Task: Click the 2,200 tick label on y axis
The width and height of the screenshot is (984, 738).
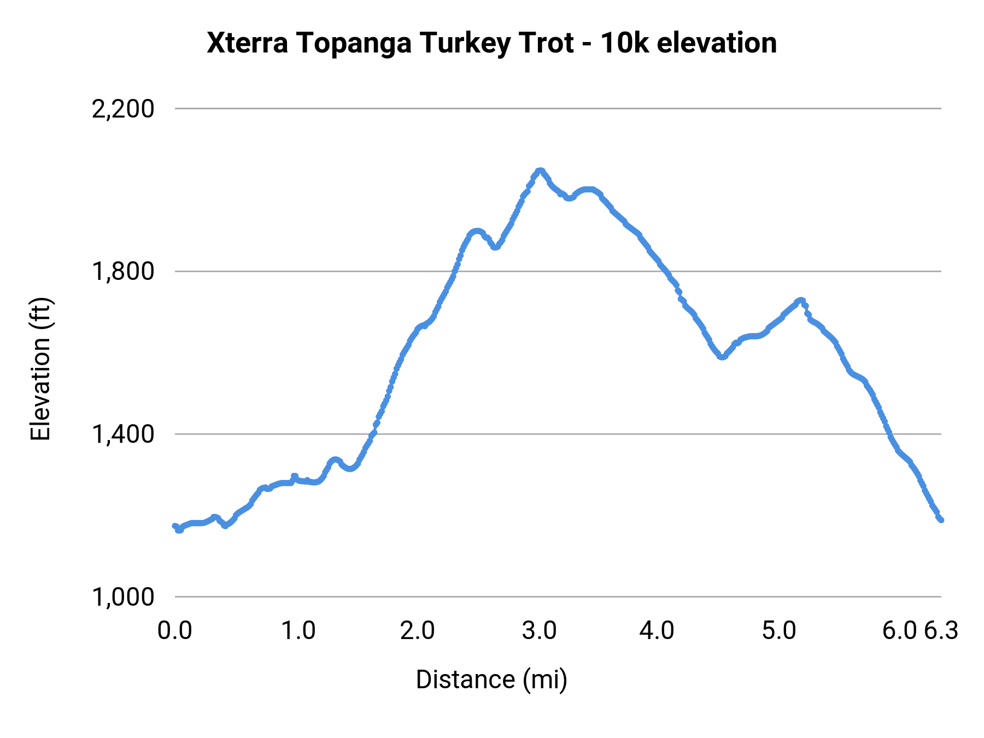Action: pos(123,109)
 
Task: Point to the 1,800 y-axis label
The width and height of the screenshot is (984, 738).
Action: pos(123,272)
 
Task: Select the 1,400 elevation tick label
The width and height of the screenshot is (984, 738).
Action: pos(123,435)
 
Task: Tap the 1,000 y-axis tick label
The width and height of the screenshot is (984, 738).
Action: pos(123,597)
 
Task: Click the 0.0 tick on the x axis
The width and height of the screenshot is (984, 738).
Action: pos(175,631)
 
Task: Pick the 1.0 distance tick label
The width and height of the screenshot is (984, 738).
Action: pos(298,631)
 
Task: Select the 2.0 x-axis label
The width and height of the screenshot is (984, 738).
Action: pos(418,631)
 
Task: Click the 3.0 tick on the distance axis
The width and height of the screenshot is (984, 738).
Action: pos(539,631)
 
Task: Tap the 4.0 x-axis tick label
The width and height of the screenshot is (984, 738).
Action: pos(657,631)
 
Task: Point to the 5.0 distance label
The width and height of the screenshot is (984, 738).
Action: pos(779,631)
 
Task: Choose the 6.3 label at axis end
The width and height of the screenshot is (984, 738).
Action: pos(941,631)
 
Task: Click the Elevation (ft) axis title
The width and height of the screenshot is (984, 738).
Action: pos(40,369)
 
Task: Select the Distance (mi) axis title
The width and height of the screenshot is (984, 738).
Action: pos(491,680)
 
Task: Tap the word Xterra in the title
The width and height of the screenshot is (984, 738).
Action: pos(248,43)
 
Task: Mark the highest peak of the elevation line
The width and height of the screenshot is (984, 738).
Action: pos(540,171)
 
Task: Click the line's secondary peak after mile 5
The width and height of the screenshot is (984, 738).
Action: pos(800,300)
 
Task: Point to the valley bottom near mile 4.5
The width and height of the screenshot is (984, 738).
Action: pos(722,356)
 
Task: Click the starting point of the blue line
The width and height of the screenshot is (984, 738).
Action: pos(175,526)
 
